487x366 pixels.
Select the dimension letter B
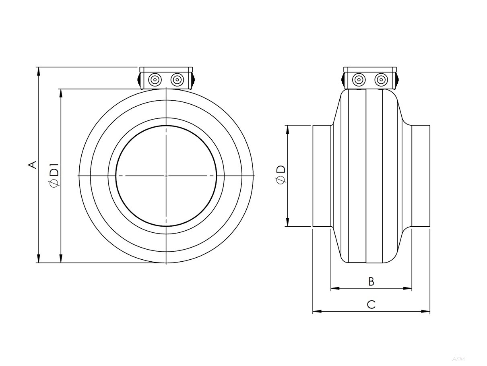371,281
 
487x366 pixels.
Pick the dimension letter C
371,304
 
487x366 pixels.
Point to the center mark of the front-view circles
166,176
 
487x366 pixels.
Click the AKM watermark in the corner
458,359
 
